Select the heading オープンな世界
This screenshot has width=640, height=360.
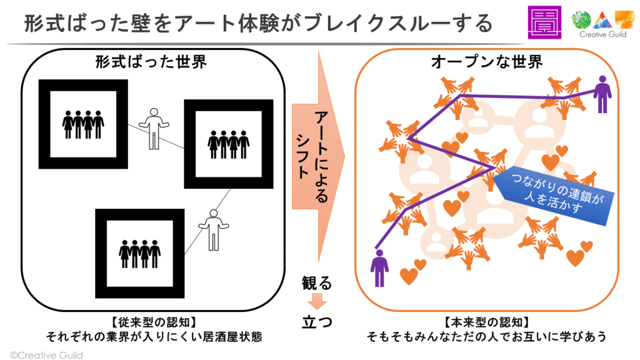[x=486, y=63]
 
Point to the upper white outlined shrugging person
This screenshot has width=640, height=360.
[x=153, y=127]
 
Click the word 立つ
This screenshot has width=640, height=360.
[x=317, y=322]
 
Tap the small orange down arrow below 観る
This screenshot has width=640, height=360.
[x=317, y=301]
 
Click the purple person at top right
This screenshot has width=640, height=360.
[x=602, y=94]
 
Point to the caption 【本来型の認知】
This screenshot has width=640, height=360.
[x=486, y=322]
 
